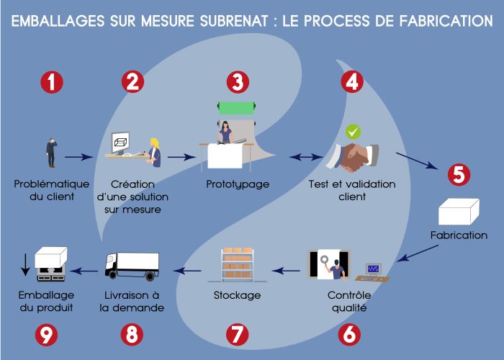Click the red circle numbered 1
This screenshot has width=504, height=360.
coord(52,82)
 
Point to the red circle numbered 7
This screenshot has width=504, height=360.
coord(237,333)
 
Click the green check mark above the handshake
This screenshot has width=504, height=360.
coord(353,132)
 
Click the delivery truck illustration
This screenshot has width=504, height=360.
coord(132,264)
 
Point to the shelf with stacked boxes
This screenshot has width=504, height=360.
coord(237,264)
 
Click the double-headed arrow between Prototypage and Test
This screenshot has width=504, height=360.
coord(304,156)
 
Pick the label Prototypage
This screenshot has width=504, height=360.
coord(237,184)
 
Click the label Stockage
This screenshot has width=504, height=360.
coord(237,295)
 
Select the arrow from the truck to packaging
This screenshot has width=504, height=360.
coord(86,271)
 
